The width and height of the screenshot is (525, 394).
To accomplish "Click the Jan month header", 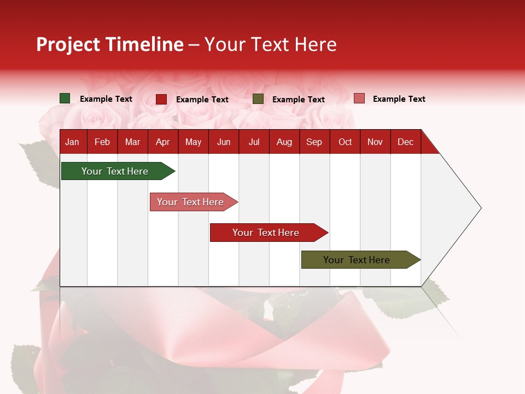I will (x=72, y=142).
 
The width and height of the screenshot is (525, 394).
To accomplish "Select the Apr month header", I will (x=163, y=142).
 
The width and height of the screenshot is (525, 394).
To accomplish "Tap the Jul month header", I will (x=254, y=142).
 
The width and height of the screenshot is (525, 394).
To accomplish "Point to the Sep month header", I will (x=314, y=142).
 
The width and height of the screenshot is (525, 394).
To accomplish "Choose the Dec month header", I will (x=406, y=142).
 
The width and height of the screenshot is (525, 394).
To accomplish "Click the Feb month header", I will (x=102, y=142).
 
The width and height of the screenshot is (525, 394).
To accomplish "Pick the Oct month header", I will (x=345, y=142).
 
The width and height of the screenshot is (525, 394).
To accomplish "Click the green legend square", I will (x=65, y=99).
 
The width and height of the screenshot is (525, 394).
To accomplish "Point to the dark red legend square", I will (x=161, y=99).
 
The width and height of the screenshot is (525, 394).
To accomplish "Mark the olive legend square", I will (x=258, y=99).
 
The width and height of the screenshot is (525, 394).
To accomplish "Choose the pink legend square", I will (x=359, y=99).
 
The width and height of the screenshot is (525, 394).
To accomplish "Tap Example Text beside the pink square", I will (x=399, y=99).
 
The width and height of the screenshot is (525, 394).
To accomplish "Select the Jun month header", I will (x=224, y=142).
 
